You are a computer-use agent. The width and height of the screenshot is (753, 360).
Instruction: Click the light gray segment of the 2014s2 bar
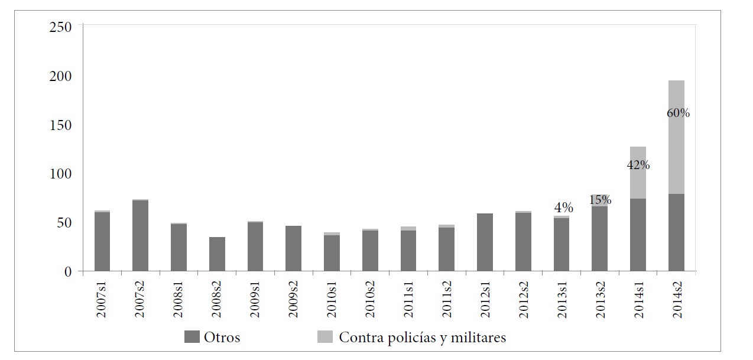coord(676,142)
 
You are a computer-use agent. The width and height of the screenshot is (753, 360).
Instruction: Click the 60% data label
coord(677,112)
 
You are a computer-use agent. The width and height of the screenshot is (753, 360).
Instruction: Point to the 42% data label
coord(638,166)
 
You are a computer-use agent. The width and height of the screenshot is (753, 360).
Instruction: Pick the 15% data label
coord(599,200)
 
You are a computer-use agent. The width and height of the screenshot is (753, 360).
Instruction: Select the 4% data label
coord(563,207)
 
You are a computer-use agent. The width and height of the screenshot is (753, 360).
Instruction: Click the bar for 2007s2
coord(140,236)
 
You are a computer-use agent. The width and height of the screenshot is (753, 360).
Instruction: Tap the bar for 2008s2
coord(217,254)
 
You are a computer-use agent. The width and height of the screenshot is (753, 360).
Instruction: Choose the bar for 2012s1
coord(485,242)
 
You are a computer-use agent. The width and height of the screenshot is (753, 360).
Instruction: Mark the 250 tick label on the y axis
coord(61,27)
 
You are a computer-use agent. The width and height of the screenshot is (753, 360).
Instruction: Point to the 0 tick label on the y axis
coord(67,272)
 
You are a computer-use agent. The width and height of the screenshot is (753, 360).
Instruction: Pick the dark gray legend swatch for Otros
coord(192,338)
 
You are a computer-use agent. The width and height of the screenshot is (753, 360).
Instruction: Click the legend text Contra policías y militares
coord(422,338)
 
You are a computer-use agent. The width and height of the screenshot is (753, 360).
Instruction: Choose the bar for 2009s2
coord(293,248)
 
